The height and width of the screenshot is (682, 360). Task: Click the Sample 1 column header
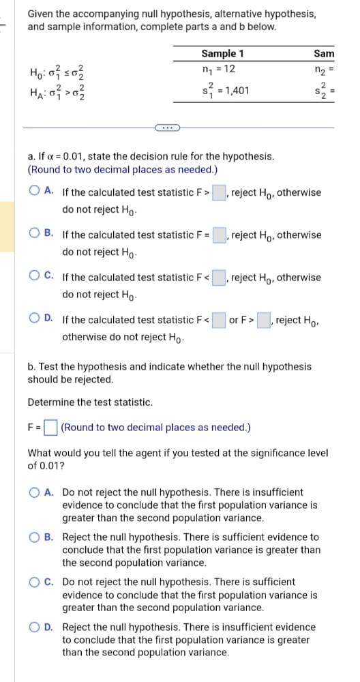[222, 53]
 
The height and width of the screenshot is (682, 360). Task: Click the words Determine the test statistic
[90, 402]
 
